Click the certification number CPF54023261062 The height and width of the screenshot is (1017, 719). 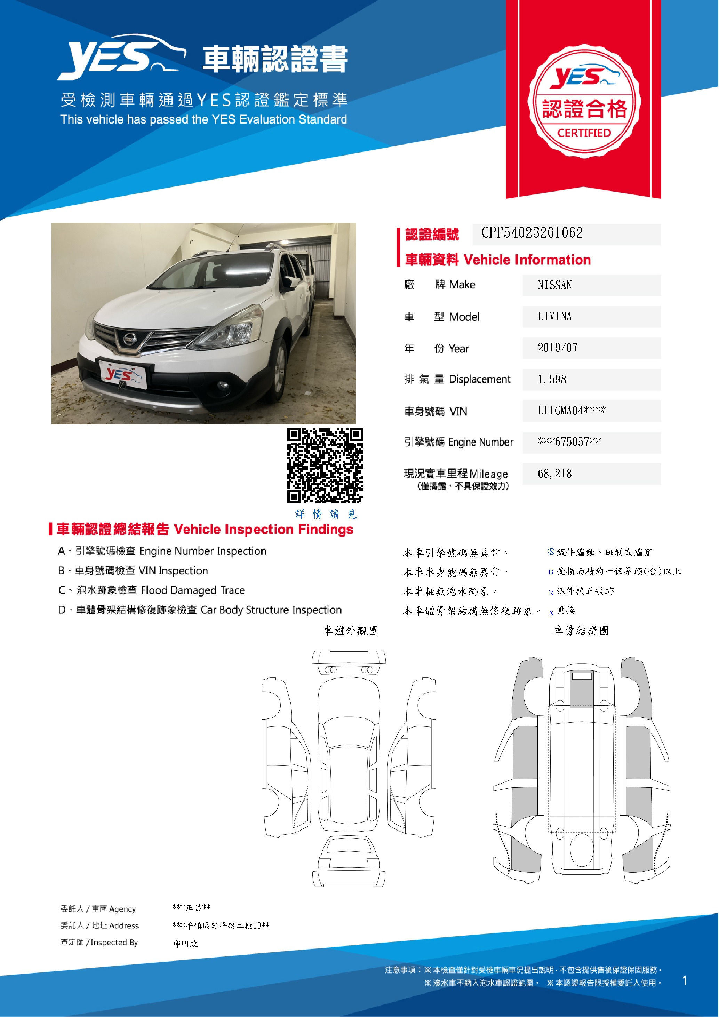[532, 233]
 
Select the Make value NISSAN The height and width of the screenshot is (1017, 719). [554, 285]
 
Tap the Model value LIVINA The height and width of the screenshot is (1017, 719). [554, 316]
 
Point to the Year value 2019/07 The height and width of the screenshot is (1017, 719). [557, 348]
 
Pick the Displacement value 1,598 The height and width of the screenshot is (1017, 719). [552, 380]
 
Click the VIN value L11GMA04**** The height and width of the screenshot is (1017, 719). [572, 411]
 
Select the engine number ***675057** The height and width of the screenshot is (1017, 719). [569, 442]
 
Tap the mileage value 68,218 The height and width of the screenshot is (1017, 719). [554, 474]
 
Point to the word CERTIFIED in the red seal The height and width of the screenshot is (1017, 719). [584, 133]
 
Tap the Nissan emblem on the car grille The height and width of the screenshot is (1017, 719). [129, 339]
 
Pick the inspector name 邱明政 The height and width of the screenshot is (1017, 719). [185, 944]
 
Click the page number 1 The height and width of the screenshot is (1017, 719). [685, 981]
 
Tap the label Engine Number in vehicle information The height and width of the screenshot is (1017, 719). [480, 442]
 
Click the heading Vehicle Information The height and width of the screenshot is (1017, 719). [527, 260]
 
